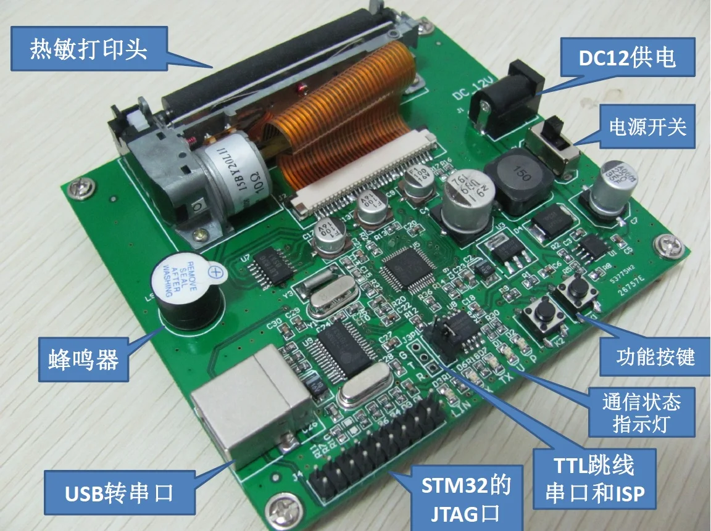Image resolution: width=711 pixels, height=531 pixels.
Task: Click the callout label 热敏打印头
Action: [89, 49]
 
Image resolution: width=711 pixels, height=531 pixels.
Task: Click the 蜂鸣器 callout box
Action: [83, 360]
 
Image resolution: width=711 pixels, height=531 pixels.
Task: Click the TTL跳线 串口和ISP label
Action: [591, 480]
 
